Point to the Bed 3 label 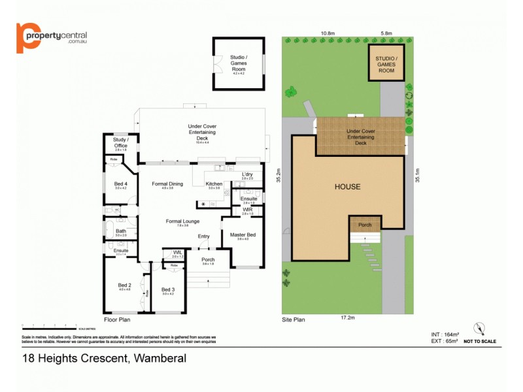point(168,290)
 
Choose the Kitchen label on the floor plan point(214,185)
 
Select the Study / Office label point(120,142)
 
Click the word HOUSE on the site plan point(347,187)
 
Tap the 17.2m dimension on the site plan point(347,318)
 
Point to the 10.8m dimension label point(328,33)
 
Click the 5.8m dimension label point(386,33)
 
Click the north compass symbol point(481,329)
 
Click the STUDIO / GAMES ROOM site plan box point(386,63)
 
